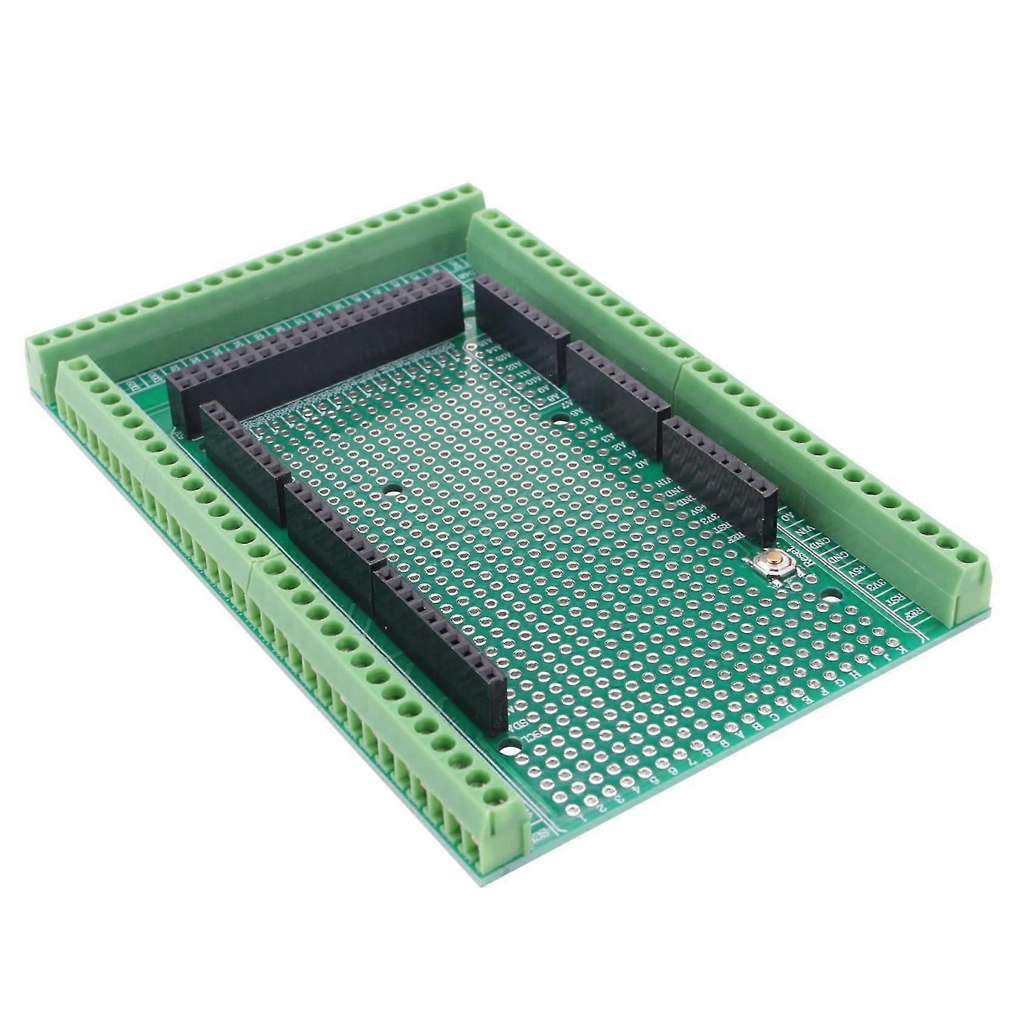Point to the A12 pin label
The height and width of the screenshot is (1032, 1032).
click(x=513, y=365)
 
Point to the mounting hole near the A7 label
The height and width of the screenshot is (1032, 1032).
click(x=558, y=419)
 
